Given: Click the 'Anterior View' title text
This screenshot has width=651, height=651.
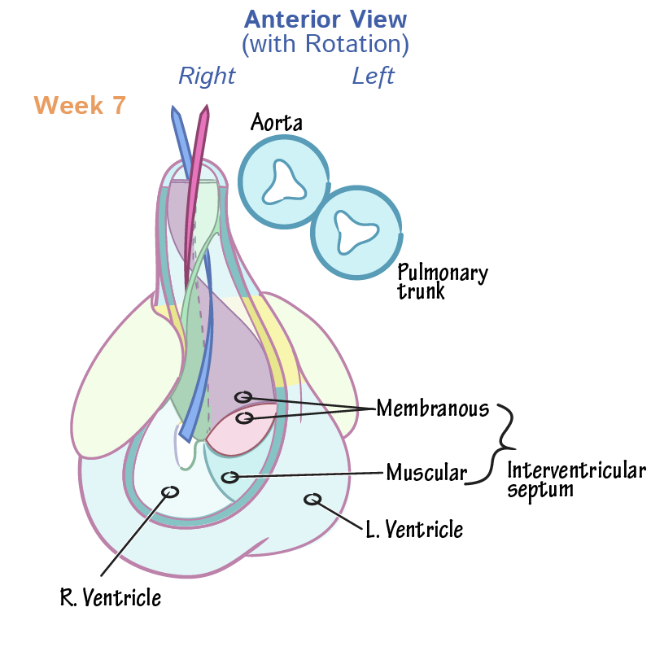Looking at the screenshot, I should point(325,19).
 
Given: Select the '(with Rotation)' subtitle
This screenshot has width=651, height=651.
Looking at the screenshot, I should point(325,44).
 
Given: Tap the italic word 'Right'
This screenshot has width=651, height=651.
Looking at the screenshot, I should point(207,76).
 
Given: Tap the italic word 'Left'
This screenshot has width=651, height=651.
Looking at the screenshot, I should point(373,76).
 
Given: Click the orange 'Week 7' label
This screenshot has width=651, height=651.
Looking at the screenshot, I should point(80,106).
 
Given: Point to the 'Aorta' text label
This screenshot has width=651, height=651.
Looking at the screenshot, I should point(276,123).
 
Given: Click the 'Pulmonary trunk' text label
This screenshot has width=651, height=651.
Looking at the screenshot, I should point(442,282).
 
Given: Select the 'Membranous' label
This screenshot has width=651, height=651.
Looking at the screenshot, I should point(432,408).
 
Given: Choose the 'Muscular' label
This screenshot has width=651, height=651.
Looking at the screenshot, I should point(426,472).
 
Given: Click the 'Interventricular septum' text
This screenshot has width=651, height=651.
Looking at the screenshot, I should point(575,479).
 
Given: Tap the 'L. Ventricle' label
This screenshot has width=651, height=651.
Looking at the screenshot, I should point(413,530).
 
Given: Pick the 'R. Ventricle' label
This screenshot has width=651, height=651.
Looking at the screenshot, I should point(111,598).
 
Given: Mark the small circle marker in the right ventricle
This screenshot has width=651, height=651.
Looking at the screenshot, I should point(170,492).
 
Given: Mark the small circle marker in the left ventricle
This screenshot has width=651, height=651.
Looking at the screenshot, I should point(312,499).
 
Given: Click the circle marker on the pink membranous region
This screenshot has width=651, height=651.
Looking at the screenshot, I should point(243,418).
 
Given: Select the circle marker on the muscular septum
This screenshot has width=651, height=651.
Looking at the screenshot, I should point(230,477).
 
